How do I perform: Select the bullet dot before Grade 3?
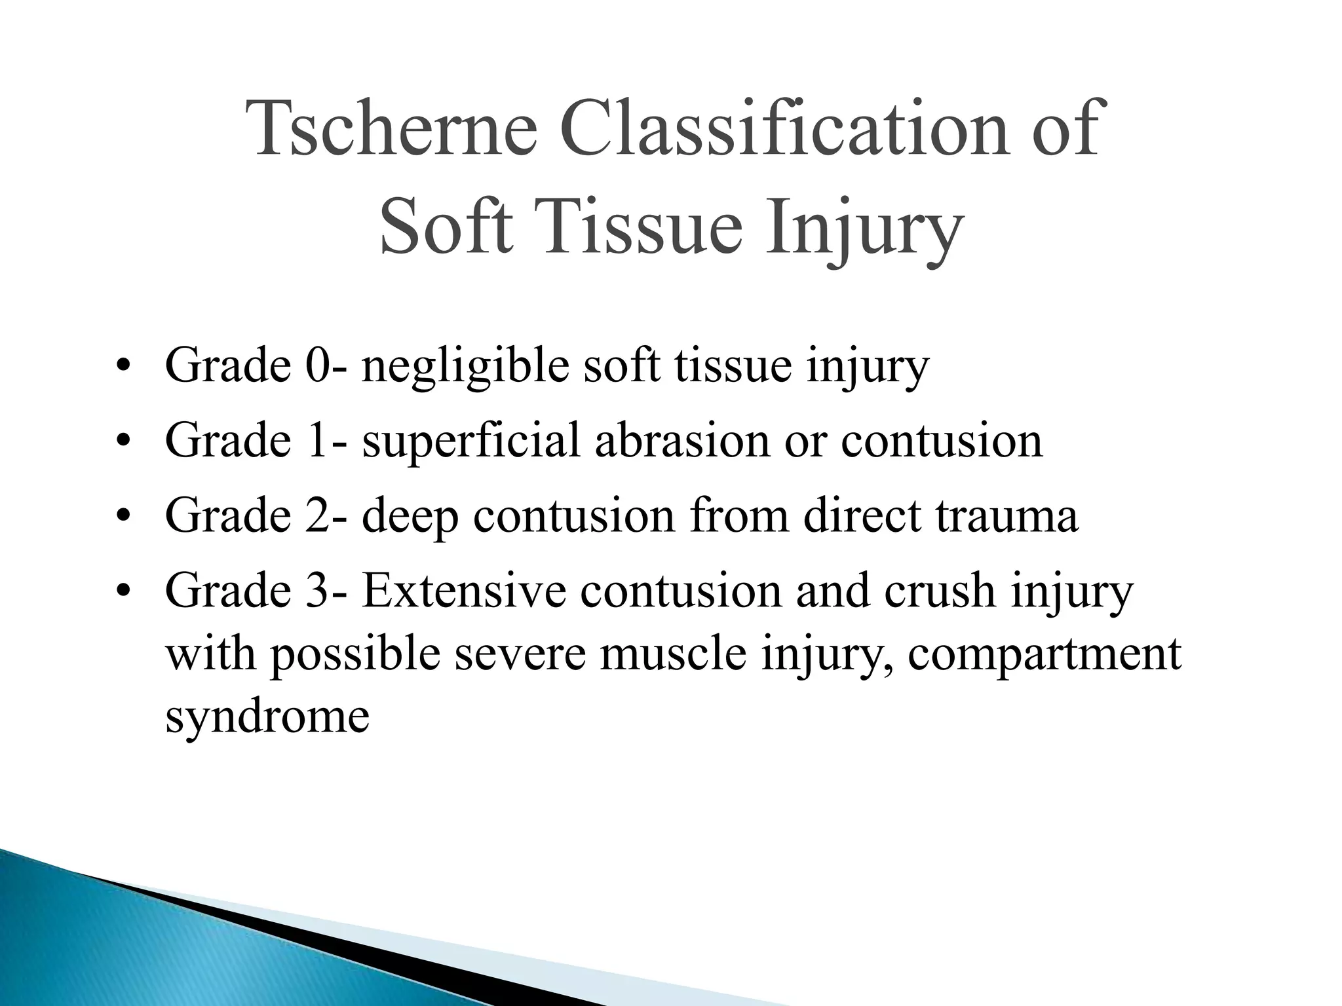[121, 592]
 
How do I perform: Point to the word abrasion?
[682, 440]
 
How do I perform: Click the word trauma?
[1006, 516]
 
